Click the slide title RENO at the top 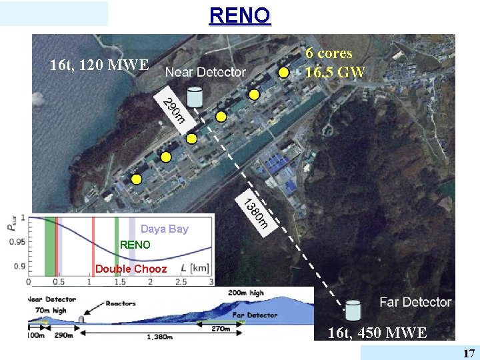240,15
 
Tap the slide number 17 469,353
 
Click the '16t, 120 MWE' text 99,65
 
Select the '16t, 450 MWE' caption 377,333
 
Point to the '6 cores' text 329,53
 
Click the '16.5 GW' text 335,72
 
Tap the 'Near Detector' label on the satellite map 205,72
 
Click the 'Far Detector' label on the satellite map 415,303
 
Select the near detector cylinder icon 195,97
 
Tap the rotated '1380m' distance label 255,213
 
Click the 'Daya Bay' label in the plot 165,229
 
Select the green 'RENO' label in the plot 135,245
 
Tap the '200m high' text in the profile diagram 246,293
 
